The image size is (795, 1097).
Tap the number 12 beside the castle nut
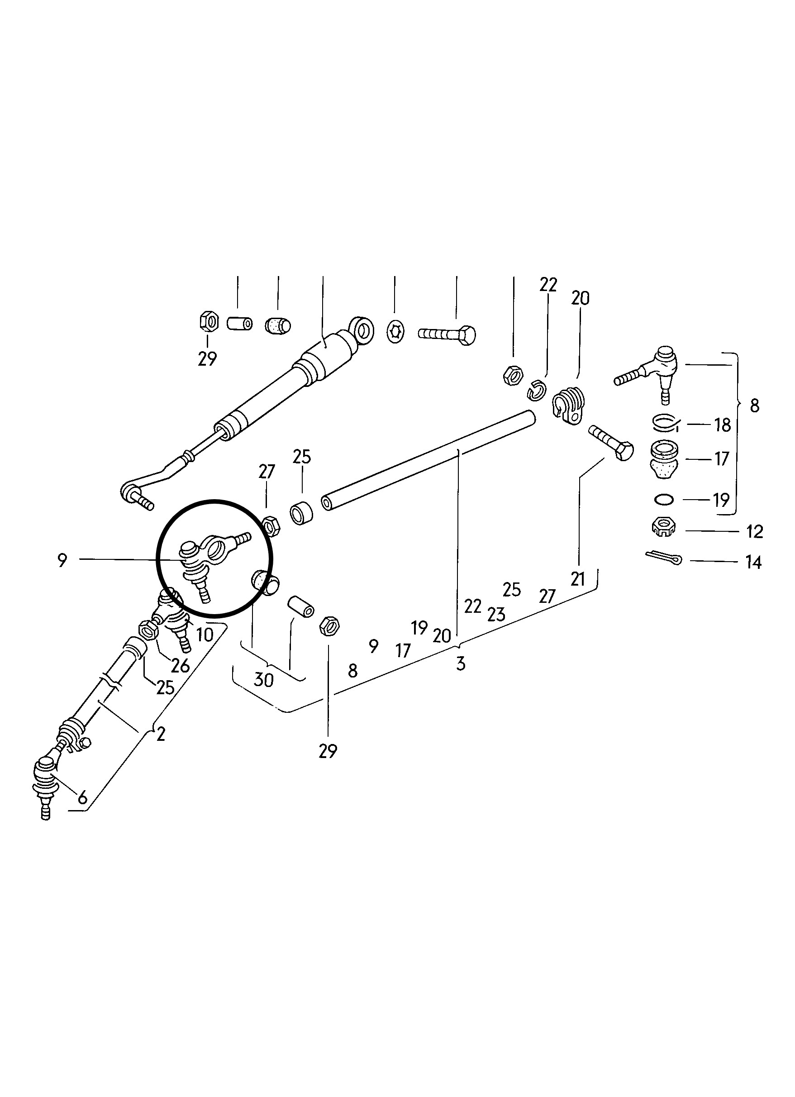click(x=754, y=532)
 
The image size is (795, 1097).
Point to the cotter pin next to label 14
click(x=663, y=558)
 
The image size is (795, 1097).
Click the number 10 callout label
click(x=205, y=634)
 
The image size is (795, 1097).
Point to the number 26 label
click(x=180, y=666)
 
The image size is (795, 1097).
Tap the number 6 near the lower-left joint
click(x=83, y=797)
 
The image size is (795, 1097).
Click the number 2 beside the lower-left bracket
click(x=161, y=735)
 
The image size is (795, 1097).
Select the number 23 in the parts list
click(x=496, y=614)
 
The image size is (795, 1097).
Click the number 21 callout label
click(x=578, y=579)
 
